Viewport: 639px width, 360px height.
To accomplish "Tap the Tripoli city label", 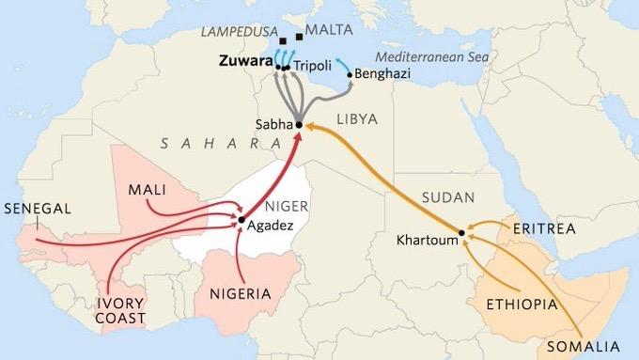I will (x=311, y=68).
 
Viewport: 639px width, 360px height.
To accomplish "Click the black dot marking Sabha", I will (x=298, y=124).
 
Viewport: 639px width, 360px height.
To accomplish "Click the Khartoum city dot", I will (x=462, y=232).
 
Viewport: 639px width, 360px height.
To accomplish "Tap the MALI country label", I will (x=148, y=190).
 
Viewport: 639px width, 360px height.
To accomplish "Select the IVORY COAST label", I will (x=122, y=311).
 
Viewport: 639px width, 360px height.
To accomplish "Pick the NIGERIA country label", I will (x=239, y=293).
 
